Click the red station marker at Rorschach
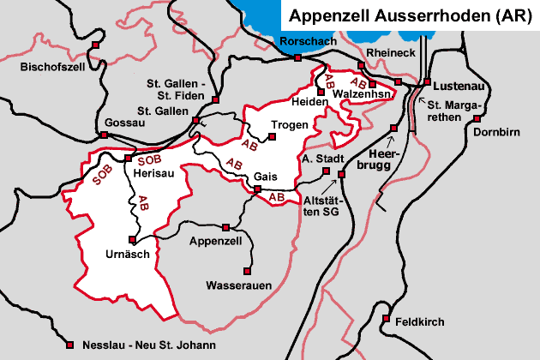(297, 58)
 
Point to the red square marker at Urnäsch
(131, 239)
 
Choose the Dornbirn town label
(497, 135)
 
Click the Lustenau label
(459, 87)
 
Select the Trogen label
(289, 125)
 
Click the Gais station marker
(257, 190)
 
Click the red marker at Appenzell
(225, 228)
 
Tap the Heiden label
(310, 102)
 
